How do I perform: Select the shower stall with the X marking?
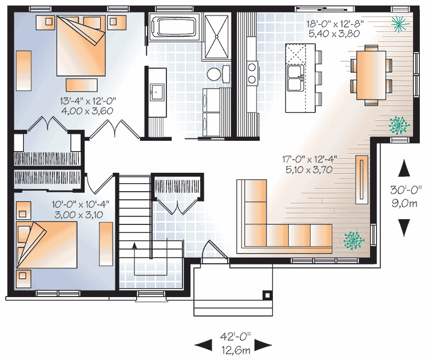(x=216, y=37)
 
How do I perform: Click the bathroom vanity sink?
(x=157, y=92)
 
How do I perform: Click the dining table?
(x=371, y=76)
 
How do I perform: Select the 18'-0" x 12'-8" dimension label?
(x=335, y=29)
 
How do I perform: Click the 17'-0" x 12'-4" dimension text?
(x=309, y=164)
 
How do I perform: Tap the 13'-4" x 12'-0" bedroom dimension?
(x=88, y=106)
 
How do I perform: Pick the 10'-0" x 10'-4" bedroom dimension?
(x=81, y=209)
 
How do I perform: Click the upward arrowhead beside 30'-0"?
(x=404, y=168)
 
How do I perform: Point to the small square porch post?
(x=267, y=295)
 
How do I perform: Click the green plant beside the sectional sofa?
(x=354, y=240)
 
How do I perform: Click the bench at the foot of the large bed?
(x=82, y=85)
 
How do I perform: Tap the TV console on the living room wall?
(x=362, y=180)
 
